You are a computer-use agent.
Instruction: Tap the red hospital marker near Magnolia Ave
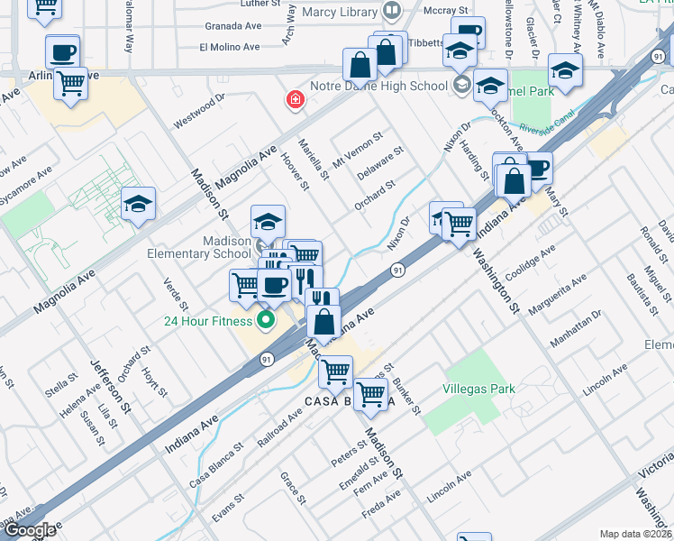click(x=294, y=100)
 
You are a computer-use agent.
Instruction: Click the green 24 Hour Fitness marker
click(x=266, y=320)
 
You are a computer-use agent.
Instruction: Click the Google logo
click(x=30, y=530)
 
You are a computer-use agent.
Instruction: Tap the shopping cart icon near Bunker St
click(x=370, y=394)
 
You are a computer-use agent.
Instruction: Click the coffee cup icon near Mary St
click(x=538, y=168)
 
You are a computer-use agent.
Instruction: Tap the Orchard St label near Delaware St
click(x=375, y=195)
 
